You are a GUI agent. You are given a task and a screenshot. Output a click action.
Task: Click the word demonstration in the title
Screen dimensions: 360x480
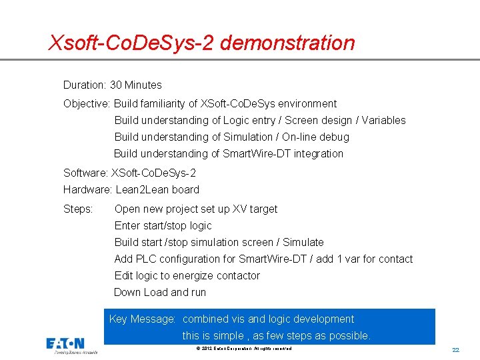coord(287,43)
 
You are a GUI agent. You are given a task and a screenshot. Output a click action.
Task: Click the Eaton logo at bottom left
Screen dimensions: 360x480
coord(65,345)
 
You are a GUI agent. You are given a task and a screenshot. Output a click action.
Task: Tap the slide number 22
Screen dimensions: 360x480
coord(456,350)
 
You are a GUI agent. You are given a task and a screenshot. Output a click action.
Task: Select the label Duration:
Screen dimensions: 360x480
coord(85,85)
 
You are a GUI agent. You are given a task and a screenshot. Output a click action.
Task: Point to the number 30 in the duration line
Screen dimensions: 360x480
coord(116,85)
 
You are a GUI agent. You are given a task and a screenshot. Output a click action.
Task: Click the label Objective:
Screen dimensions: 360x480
coord(87,104)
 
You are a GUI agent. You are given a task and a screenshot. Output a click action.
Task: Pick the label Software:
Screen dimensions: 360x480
coord(85,173)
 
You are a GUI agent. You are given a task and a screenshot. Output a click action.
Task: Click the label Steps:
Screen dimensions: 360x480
coord(78,209)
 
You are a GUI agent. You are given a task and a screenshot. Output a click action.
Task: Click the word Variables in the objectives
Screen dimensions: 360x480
coord(383,121)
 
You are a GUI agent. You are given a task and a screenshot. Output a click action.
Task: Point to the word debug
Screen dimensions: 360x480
coord(333,137)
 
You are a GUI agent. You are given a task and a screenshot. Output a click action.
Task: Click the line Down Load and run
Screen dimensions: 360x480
coord(160,293)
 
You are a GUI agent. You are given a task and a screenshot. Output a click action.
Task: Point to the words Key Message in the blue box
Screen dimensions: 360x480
coord(141,319)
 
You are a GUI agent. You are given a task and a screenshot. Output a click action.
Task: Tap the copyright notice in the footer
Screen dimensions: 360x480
coord(245,349)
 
